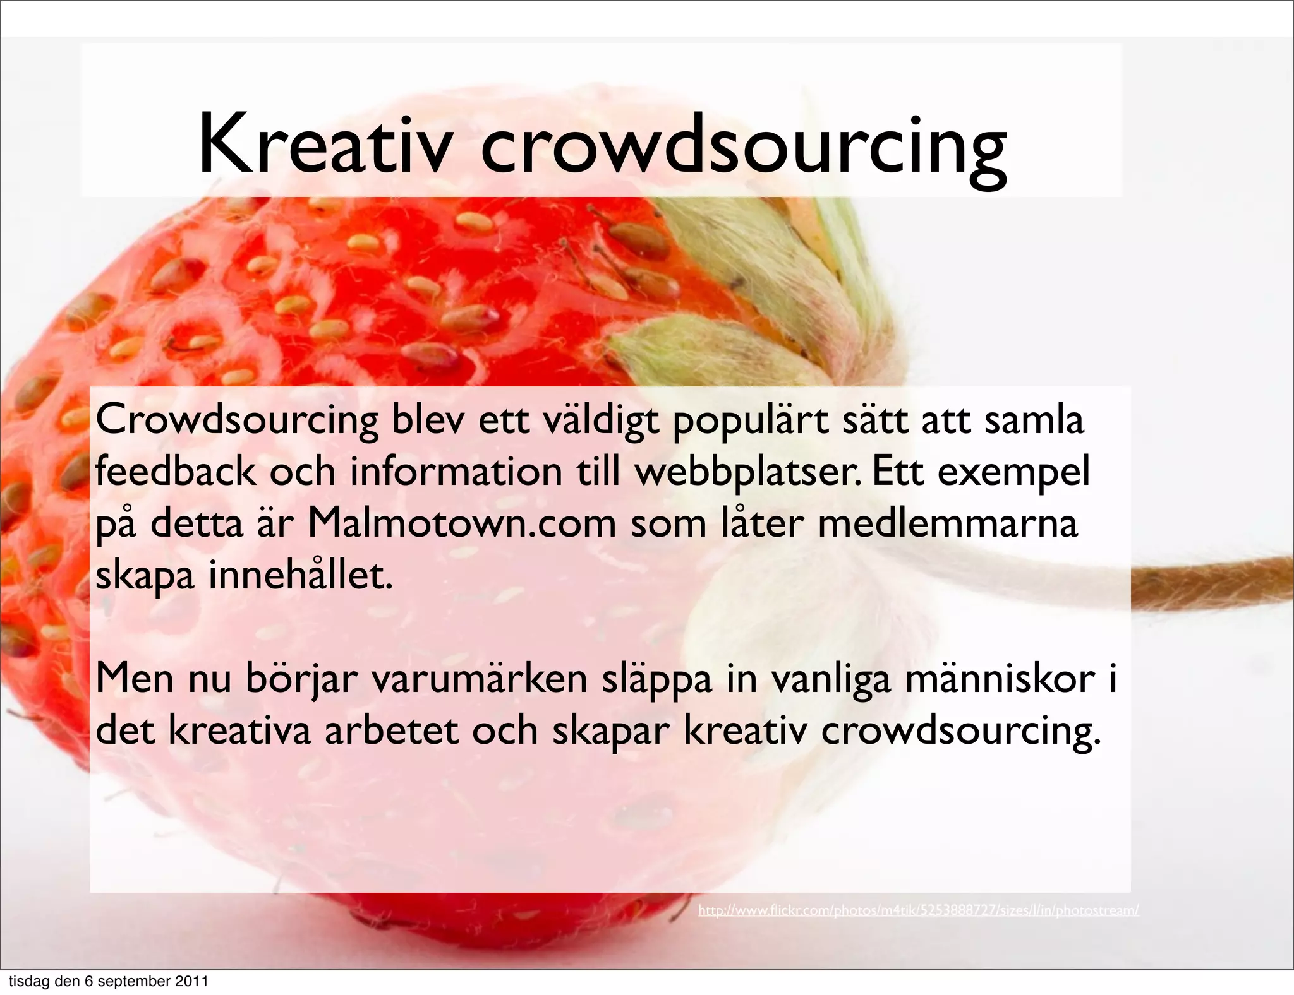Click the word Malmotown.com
tap(461, 523)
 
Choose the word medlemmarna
tap(948, 523)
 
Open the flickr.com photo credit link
tap(918, 910)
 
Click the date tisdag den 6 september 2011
tap(108, 981)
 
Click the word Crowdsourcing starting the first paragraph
tap(237, 420)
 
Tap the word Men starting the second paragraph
tap(135, 678)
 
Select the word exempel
tap(1013, 472)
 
